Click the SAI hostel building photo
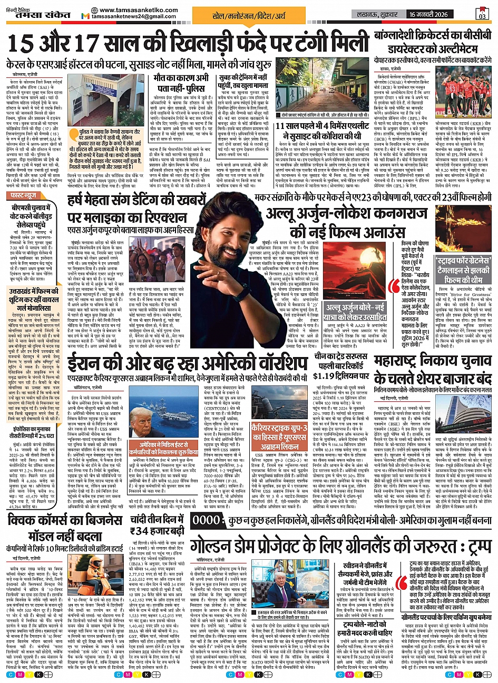point(100,96)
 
